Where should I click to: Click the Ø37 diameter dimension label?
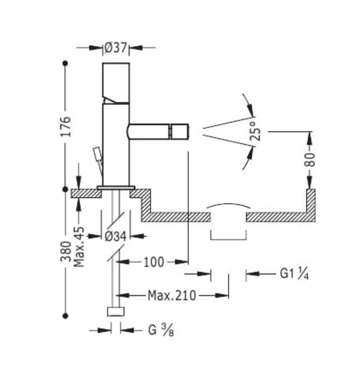[x=115, y=48]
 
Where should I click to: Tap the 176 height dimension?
[x=65, y=127]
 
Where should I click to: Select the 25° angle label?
[x=255, y=131]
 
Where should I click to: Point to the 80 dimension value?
[x=309, y=159]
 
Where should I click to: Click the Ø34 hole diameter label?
[x=115, y=237]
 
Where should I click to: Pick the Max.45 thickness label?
[x=79, y=247]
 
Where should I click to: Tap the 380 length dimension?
[x=66, y=251]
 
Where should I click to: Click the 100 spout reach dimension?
[x=154, y=262]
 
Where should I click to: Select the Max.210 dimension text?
[x=172, y=296]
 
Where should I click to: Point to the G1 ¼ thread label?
[x=294, y=273]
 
